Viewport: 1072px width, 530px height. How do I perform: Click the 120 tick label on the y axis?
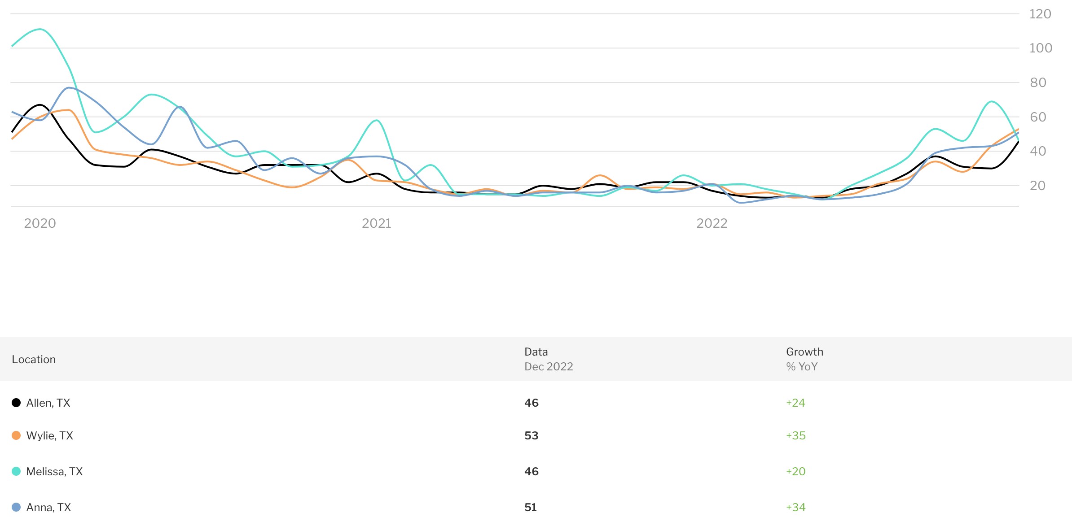tap(1040, 14)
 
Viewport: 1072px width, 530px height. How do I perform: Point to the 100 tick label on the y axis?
tap(1041, 48)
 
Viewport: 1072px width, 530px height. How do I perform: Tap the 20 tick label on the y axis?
tap(1037, 186)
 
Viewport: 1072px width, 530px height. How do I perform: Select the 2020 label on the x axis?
tap(40, 223)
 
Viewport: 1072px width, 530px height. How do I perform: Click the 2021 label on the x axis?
tap(376, 223)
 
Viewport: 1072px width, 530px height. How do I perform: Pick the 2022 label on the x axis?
tap(712, 223)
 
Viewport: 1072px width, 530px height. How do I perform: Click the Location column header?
tap(34, 360)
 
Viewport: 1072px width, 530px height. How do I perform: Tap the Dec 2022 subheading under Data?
tap(549, 367)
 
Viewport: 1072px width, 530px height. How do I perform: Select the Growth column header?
tap(804, 352)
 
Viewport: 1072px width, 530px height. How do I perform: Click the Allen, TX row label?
tap(48, 403)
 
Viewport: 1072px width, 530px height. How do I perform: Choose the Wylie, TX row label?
tap(49, 436)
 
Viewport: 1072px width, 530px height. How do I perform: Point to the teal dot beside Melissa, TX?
tap(16, 471)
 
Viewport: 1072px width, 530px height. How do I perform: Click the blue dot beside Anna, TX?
tap(16, 507)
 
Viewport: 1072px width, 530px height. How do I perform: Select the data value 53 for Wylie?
tap(531, 436)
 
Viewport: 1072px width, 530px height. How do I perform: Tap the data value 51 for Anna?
tap(531, 508)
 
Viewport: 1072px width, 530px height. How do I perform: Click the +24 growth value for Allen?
tap(795, 403)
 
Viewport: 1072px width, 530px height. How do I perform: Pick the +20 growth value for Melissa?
tap(795, 472)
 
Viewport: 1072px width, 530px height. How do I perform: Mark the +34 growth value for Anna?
tap(795, 508)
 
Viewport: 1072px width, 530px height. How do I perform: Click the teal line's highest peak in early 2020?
tap(40, 29)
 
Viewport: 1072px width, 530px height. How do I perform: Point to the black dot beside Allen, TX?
tap(16, 403)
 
